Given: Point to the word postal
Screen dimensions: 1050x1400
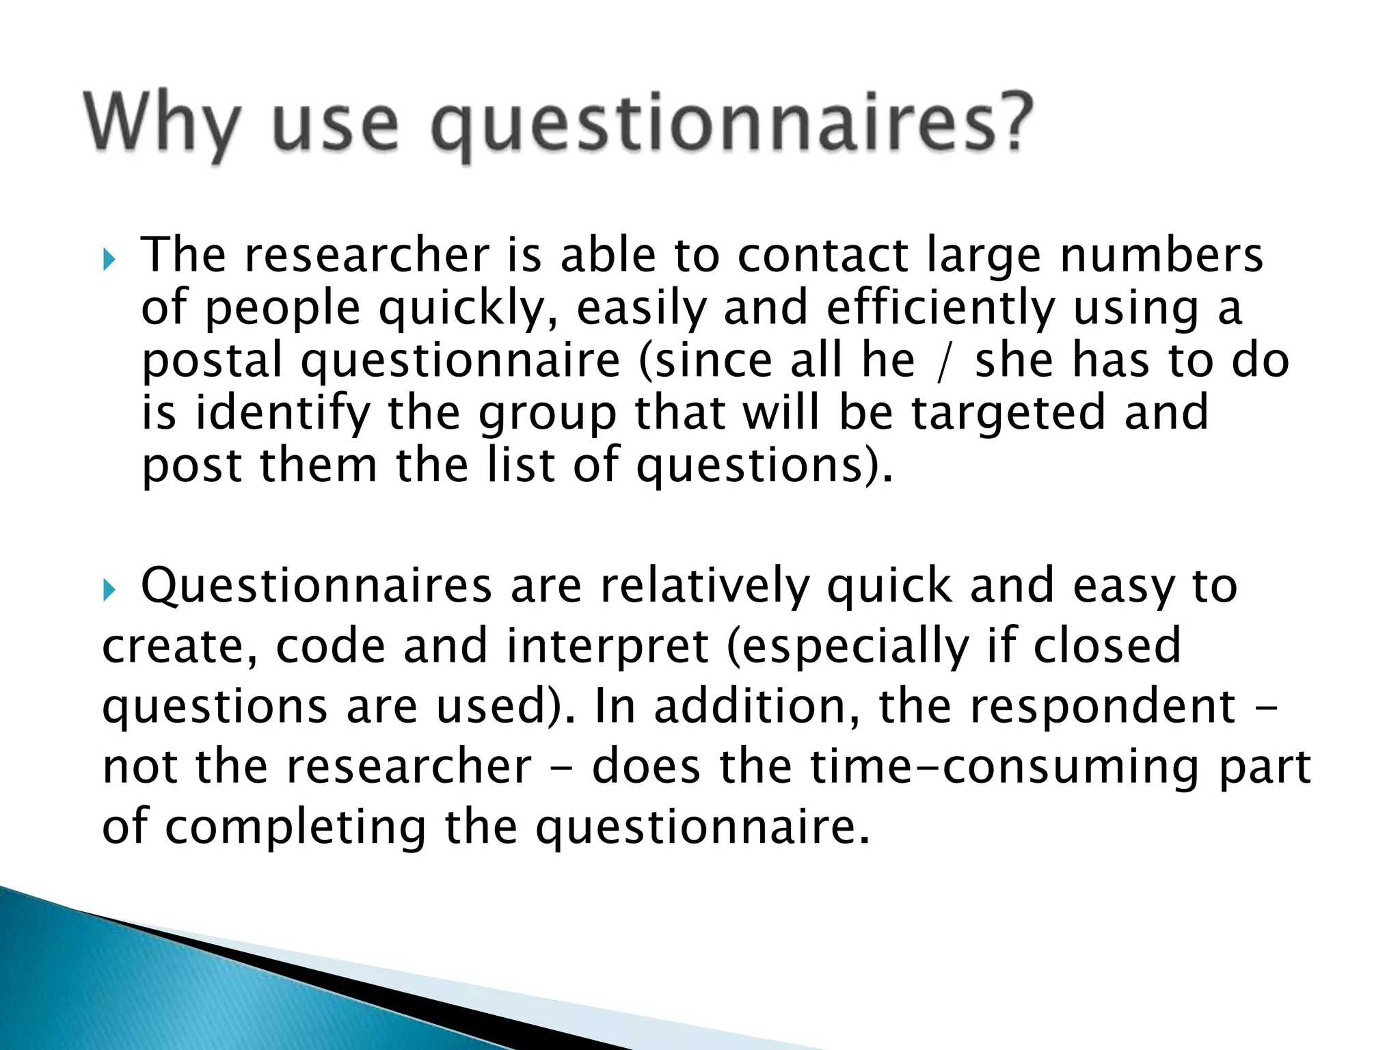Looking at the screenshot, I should pyautogui.click(x=212, y=361).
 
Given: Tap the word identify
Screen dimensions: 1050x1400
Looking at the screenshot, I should pyautogui.click(x=282, y=414).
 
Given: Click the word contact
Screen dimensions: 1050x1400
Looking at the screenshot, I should pyautogui.click(x=822, y=256).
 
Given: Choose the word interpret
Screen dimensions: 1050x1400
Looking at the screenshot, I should pyautogui.click(x=607, y=646).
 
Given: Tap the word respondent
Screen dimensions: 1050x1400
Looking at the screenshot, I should pyautogui.click(x=1103, y=705).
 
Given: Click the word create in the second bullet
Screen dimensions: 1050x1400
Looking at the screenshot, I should pyautogui.click(x=180, y=646).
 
